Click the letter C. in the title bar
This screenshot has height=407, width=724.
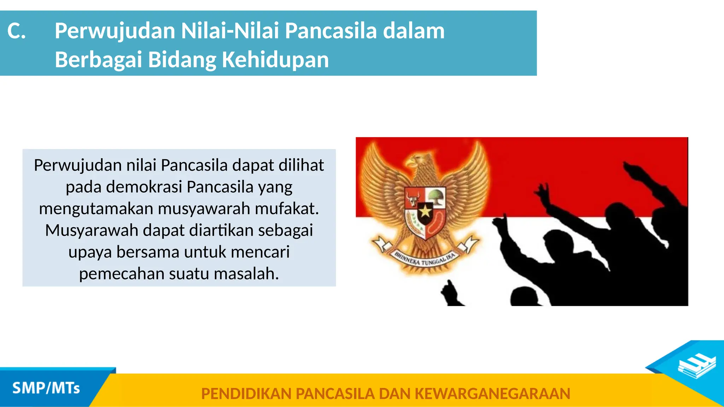tap(16, 31)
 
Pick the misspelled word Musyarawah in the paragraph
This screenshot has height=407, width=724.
tap(92, 230)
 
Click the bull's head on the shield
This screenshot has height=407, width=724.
tap(413, 198)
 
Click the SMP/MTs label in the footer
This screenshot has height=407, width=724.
tap(46, 388)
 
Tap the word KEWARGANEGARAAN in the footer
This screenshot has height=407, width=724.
tap(492, 394)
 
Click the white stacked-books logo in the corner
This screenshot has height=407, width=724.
tap(696, 367)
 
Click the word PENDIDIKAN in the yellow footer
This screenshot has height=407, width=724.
tap(246, 394)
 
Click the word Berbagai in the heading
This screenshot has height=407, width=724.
tap(98, 59)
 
